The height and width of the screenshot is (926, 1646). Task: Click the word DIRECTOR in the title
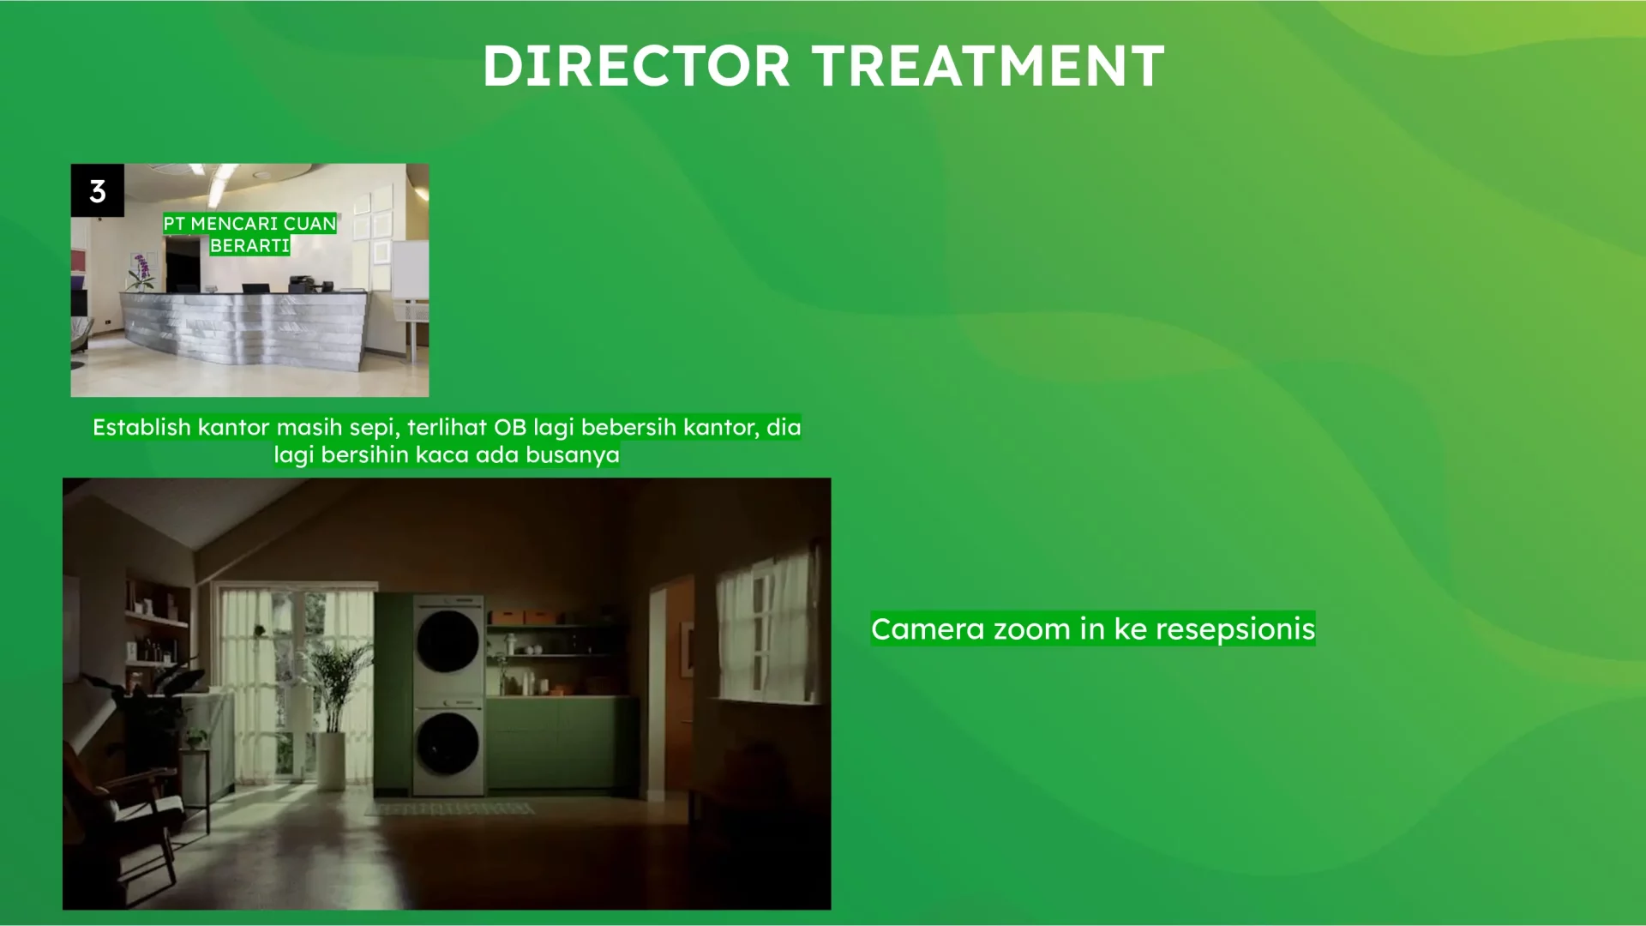[635, 66]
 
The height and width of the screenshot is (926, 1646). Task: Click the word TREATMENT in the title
[988, 66]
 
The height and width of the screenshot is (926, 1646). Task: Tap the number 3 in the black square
[98, 190]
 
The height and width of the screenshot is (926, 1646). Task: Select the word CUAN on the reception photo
[309, 224]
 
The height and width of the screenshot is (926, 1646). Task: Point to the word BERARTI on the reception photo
[249, 246]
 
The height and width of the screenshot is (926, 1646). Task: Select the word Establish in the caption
[141, 427]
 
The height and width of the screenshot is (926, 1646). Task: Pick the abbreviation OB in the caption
[510, 427]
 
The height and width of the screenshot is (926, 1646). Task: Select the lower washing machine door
[448, 743]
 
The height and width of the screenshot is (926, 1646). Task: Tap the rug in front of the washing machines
[451, 809]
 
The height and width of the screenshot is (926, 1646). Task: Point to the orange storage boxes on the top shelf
[523, 617]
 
